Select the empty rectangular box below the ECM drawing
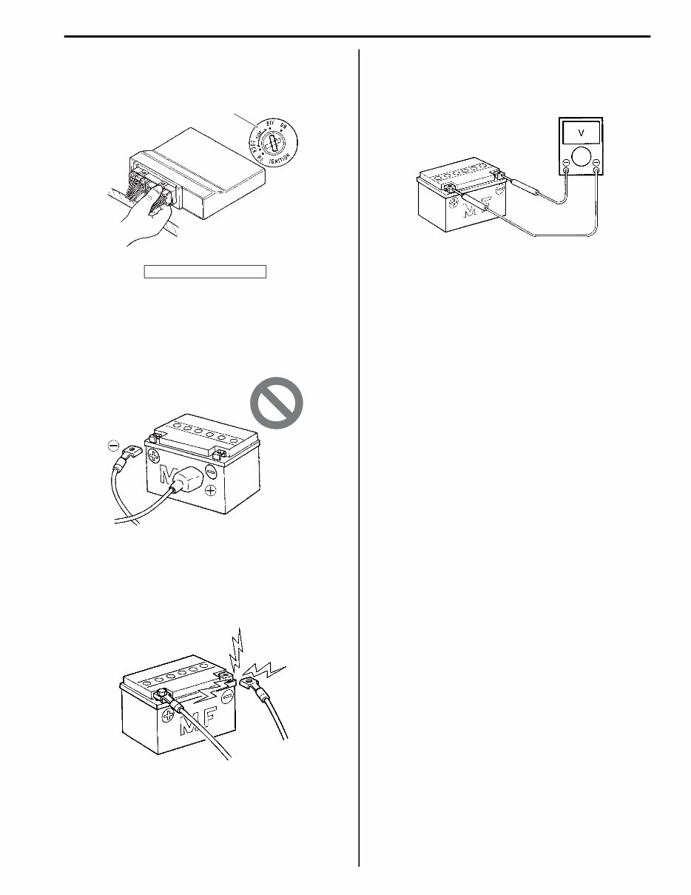204,271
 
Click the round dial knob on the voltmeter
582,156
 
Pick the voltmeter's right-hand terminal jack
597,171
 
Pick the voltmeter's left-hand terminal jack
566,171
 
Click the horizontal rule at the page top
356,35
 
